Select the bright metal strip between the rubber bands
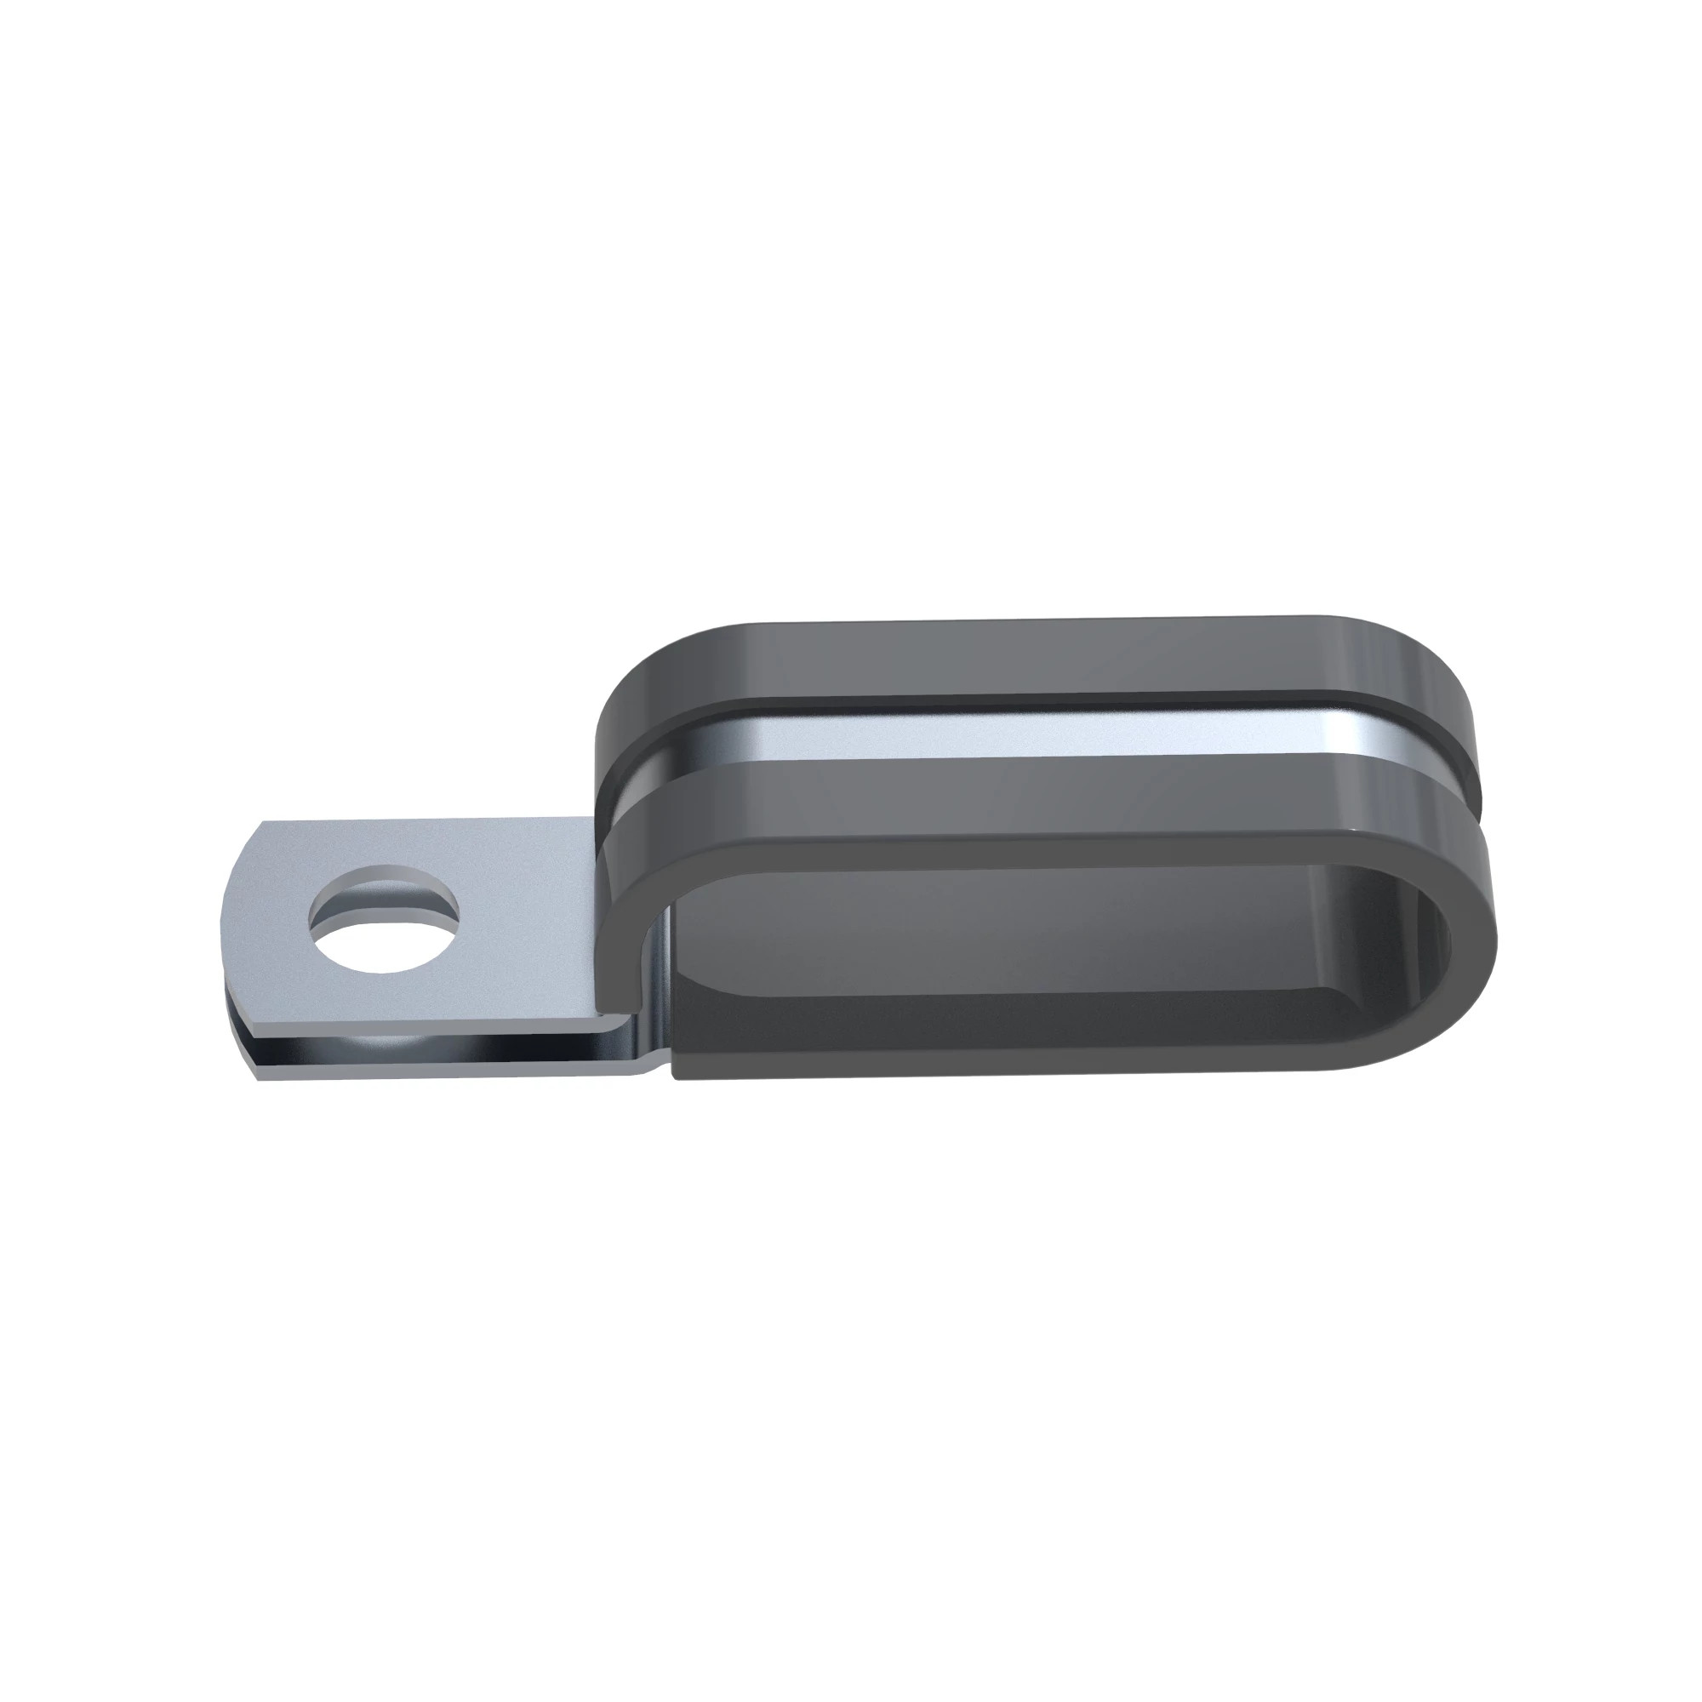1013,735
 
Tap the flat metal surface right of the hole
520,925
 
